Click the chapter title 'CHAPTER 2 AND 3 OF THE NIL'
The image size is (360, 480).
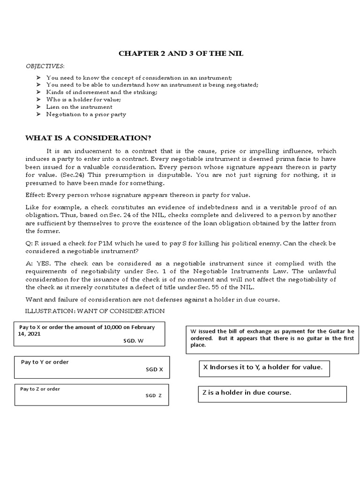180,54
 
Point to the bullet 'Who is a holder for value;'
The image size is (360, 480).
81,99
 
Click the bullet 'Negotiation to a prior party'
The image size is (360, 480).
86,114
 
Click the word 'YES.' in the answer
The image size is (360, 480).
45,262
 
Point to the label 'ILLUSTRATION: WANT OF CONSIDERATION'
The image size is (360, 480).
95,311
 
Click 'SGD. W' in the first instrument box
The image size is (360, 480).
133,341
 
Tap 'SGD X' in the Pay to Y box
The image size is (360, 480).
154,369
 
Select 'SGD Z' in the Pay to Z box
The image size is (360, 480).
153,395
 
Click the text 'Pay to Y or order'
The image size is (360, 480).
45,362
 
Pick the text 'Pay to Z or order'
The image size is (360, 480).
40,389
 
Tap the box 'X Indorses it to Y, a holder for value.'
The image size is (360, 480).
262,367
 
